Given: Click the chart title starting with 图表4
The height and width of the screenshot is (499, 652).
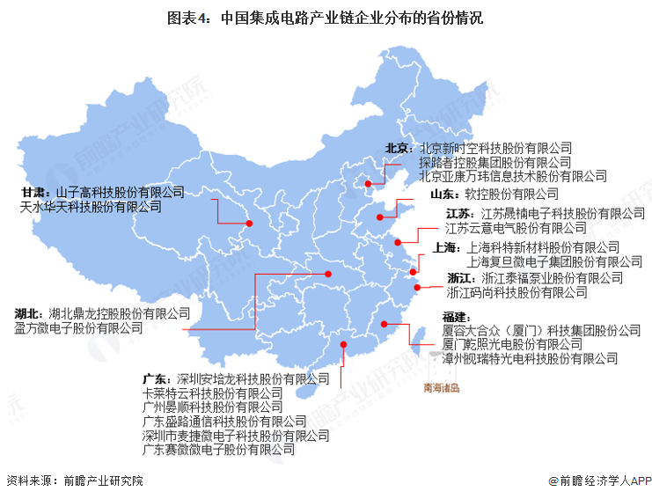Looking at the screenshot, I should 326,17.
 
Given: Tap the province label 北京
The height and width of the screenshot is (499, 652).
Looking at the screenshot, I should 398,149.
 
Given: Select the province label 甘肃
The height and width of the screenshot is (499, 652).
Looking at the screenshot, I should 34,192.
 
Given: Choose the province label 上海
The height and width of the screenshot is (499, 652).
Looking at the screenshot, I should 447,247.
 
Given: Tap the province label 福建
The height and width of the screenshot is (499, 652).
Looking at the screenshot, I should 455,316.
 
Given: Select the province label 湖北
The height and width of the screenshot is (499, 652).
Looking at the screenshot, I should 27,312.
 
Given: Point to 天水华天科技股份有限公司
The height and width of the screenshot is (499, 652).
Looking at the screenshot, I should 92,208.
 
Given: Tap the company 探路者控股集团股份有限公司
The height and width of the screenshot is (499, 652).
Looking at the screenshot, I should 494,163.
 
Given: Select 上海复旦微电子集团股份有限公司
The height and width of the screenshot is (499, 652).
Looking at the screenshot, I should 554,261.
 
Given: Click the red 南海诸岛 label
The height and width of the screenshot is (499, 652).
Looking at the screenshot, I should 442,386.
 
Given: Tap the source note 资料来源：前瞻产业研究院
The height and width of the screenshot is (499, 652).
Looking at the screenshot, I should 74,481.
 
